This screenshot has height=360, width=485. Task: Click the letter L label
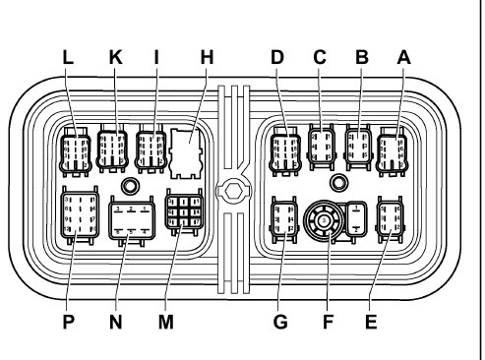point(68,57)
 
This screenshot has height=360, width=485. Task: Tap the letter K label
point(116,57)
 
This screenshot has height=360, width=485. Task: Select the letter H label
point(207,57)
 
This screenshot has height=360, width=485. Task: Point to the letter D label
point(277,57)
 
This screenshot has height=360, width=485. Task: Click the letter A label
point(404,57)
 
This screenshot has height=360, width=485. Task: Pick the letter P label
point(68,322)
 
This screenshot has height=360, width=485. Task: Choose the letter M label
point(166,322)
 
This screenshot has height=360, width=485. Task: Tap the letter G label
point(280,322)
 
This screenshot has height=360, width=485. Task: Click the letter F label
point(328,322)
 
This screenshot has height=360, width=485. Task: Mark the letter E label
point(371,322)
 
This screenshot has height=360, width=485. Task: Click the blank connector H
point(185,153)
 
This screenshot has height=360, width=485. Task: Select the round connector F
point(324,220)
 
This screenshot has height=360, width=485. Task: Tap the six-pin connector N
point(132,220)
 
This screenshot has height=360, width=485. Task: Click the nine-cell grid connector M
point(184,211)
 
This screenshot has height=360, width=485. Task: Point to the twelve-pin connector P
point(80,214)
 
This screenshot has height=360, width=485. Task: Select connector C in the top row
point(322,147)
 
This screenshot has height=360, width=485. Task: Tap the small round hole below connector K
point(130,186)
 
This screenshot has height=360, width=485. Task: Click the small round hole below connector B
point(338,183)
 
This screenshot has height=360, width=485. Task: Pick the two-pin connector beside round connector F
point(356,218)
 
